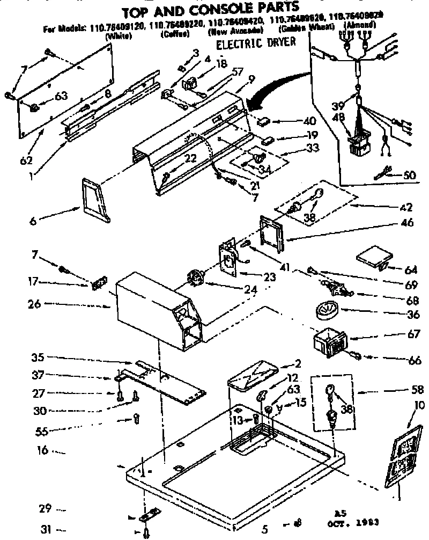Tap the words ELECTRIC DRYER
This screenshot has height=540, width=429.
tap(255, 43)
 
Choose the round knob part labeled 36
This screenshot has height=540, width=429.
tap(325, 310)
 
